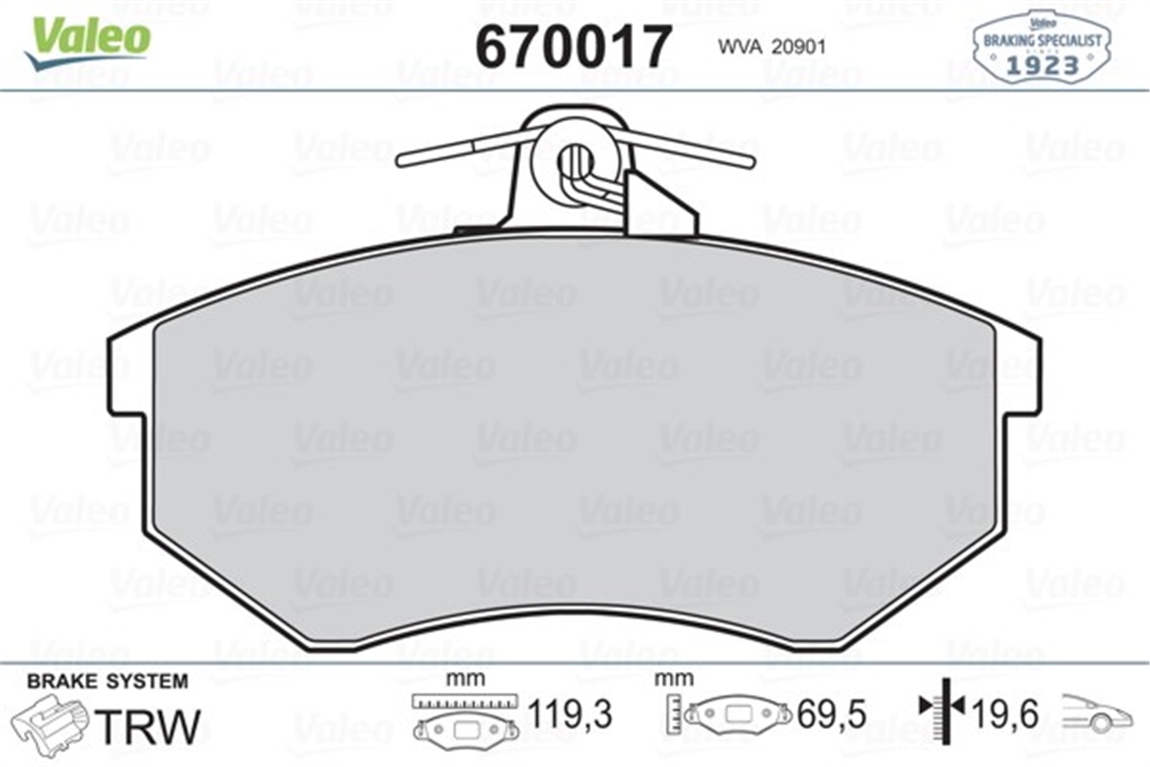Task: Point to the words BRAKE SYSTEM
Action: (x=107, y=682)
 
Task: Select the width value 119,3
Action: (x=570, y=713)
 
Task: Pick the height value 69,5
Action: (x=830, y=713)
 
